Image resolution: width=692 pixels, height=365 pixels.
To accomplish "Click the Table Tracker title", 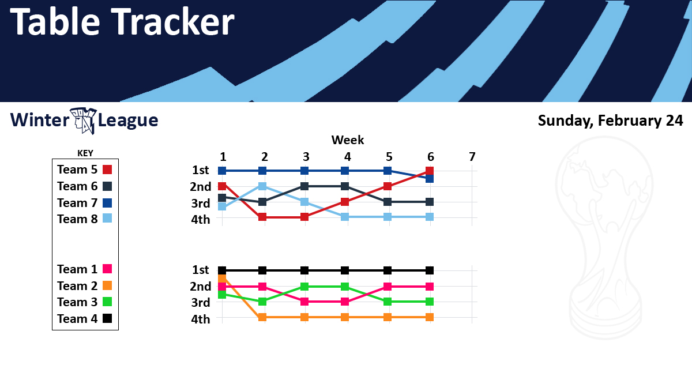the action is (122, 21).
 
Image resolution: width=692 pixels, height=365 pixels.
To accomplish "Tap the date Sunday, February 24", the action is (610, 121).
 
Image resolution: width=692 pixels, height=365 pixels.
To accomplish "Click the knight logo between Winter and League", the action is (84, 121).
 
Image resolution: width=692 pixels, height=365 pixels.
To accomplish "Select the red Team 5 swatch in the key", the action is (107, 170).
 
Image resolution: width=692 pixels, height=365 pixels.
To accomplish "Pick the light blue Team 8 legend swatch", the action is (107, 219).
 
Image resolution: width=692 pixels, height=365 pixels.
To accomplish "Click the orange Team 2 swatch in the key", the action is (107, 285).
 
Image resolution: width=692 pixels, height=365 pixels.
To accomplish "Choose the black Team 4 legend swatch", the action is (107, 318).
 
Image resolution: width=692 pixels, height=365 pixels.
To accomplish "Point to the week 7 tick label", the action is (472, 157).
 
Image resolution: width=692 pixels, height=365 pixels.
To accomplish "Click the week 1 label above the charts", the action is (223, 157).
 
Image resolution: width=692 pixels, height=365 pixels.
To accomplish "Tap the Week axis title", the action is (348, 140).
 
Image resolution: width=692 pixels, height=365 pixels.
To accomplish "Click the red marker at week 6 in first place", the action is (430, 171).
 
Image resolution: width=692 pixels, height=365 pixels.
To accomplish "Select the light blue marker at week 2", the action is (262, 186).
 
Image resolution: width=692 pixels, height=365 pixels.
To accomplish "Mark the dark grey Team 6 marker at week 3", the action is (304, 186).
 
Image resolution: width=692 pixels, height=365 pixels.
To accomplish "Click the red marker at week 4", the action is (345, 202).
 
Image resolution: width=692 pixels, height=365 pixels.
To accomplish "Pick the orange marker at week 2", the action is (262, 317).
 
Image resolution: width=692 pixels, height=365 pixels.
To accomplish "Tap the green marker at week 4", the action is (345, 287).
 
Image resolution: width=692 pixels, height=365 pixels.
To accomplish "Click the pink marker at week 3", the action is (304, 302).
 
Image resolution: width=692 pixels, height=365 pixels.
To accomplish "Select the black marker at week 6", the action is (430, 270).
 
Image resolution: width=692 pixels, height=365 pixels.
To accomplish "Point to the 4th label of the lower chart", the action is (201, 319).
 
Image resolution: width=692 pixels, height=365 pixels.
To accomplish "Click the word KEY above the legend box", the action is (85, 153).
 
